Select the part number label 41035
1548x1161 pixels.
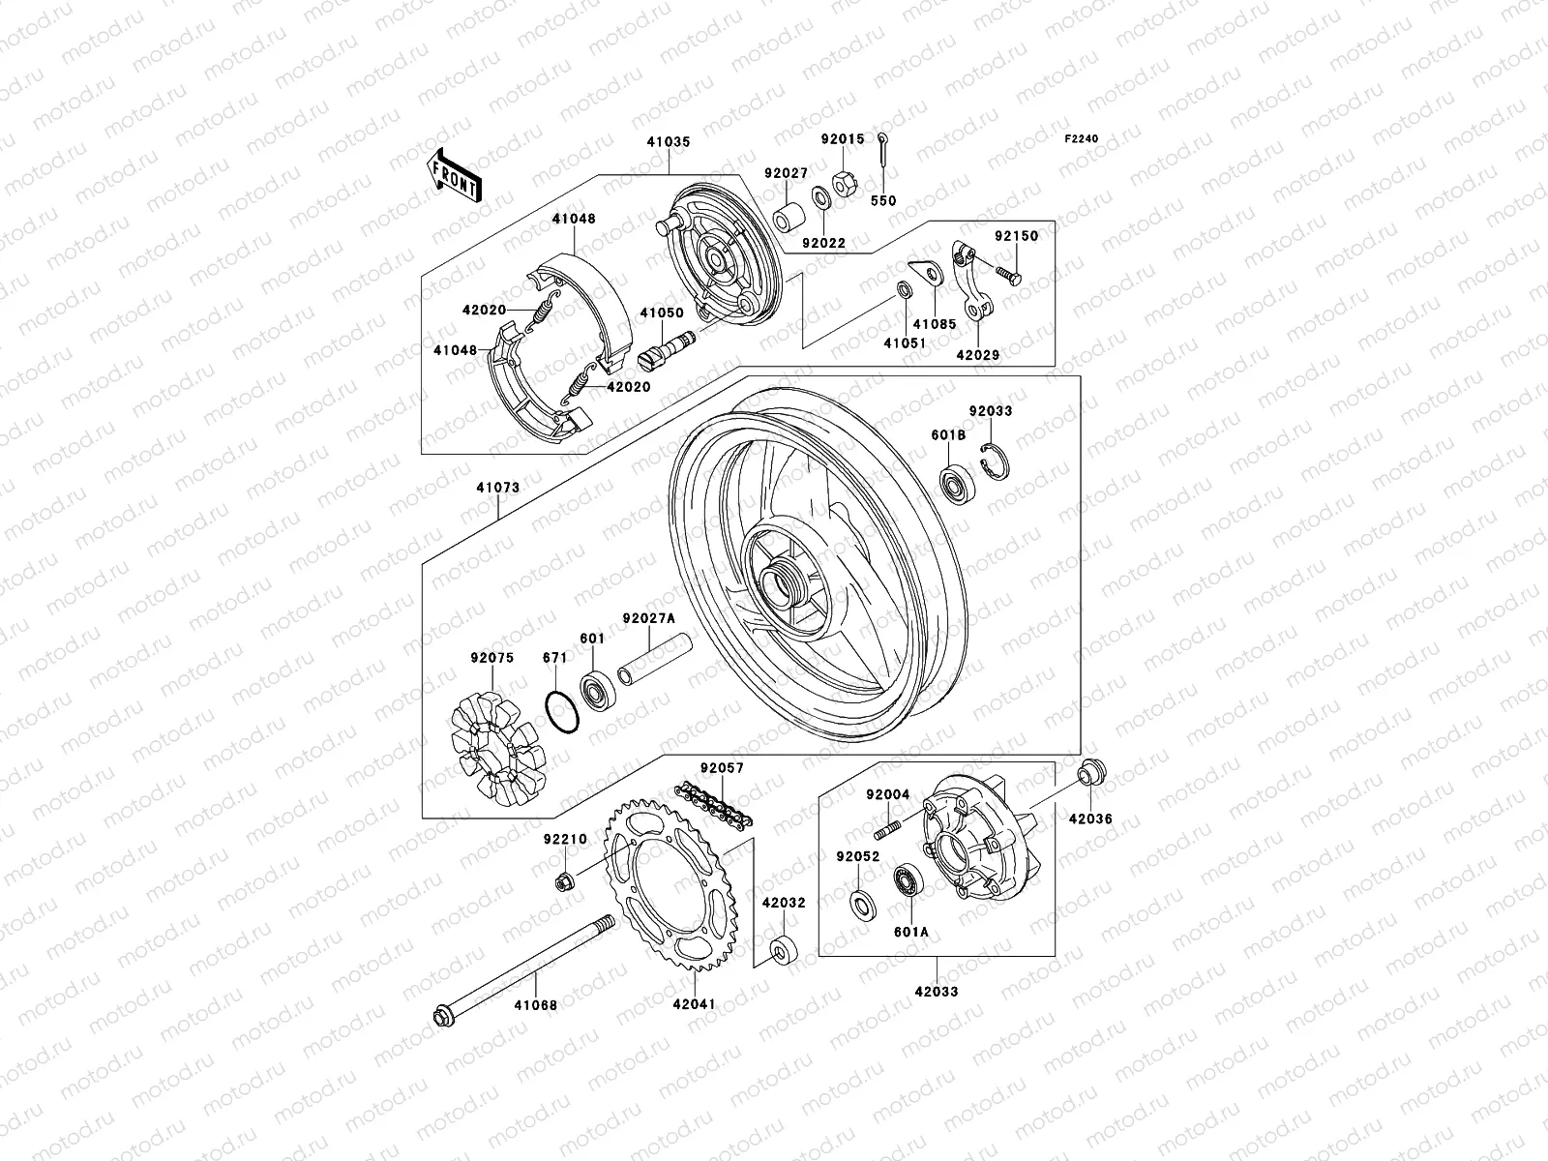(x=669, y=142)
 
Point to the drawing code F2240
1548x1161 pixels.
(x=1083, y=139)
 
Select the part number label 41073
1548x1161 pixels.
(x=498, y=489)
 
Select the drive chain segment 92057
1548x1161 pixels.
(x=714, y=805)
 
